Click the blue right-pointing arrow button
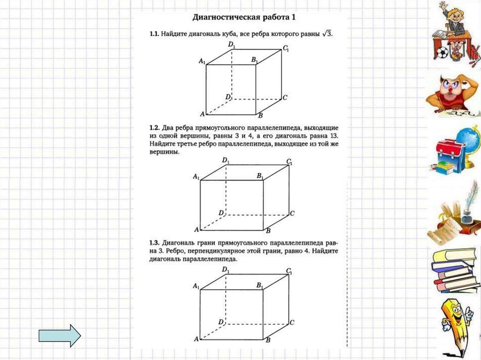click(x=60, y=336)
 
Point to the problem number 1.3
click(x=155, y=243)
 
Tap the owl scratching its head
click(x=451, y=94)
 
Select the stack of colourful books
click(x=455, y=270)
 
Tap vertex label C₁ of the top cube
click(x=286, y=48)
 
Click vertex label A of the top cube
click(x=202, y=114)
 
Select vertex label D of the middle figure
click(x=221, y=213)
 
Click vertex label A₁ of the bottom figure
click(x=196, y=286)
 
